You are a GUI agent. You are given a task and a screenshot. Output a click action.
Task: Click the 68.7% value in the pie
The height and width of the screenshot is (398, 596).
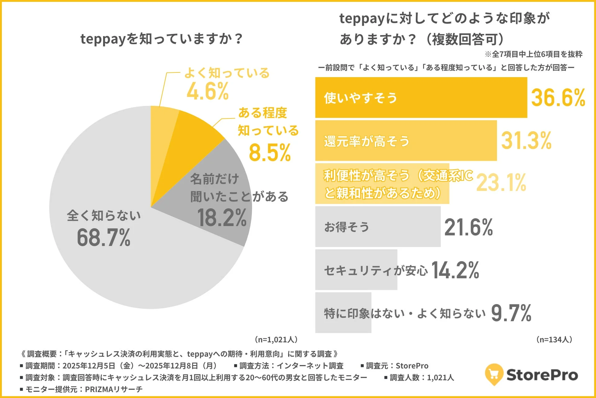tap(103, 238)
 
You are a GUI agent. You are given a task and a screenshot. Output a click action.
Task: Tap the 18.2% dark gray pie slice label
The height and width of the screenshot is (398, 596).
tap(222, 218)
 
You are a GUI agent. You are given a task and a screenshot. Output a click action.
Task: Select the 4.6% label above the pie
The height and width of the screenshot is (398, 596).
tap(208, 91)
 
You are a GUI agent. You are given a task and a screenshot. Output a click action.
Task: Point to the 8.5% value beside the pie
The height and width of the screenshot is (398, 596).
tap(269, 153)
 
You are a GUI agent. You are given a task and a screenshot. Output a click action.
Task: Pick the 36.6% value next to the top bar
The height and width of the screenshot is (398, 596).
tap(558, 98)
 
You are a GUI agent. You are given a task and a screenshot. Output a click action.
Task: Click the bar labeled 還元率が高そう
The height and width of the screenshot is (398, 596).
tap(406, 141)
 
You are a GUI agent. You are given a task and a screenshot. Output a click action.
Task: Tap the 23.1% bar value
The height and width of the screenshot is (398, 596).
tap(501, 183)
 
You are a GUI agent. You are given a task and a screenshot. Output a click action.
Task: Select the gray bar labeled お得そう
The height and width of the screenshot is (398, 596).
tap(377, 227)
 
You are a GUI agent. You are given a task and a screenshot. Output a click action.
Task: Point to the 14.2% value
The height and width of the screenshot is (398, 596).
tap(455, 270)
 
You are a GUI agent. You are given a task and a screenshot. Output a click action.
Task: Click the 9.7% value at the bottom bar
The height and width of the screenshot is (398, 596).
tap(511, 313)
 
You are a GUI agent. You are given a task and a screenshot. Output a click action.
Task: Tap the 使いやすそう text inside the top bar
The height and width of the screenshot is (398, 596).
tap(360, 98)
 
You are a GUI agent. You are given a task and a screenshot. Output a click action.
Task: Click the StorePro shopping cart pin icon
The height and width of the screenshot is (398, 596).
tap(494, 374)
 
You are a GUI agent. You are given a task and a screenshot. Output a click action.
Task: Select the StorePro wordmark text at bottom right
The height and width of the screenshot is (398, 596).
tap(542, 375)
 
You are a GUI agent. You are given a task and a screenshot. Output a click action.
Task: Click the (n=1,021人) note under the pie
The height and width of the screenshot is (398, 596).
tap(276, 340)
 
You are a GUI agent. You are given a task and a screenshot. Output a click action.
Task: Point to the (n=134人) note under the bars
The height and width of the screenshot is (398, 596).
tap(554, 340)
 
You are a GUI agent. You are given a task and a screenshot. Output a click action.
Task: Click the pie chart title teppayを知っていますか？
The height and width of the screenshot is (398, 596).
tap(161, 39)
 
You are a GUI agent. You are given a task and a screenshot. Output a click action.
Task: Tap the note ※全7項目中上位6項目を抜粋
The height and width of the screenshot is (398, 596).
tap(534, 54)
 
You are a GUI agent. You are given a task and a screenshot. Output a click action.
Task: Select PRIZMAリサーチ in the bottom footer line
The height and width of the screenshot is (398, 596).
tap(114, 389)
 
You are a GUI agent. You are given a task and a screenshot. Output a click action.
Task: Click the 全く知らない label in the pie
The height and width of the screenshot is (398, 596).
tap(104, 215)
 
